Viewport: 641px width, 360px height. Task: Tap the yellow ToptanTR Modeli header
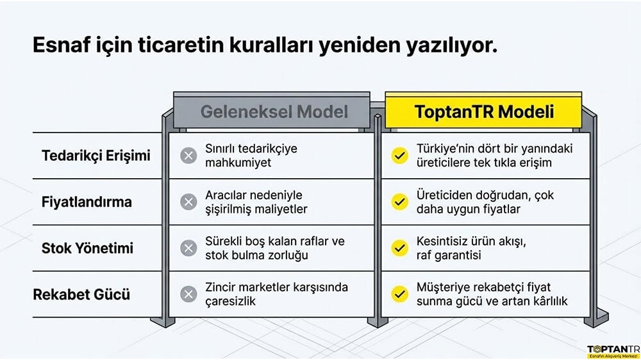click(483, 111)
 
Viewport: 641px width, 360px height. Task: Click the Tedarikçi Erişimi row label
click(96, 156)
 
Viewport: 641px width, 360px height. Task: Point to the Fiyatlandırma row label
click(87, 202)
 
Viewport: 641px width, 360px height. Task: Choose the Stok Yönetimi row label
click(87, 248)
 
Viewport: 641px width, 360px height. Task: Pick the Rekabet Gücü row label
click(81, 294)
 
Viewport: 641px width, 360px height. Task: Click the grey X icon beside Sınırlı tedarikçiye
click(188, 156)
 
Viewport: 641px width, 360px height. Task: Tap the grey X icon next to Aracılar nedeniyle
click(188, 202)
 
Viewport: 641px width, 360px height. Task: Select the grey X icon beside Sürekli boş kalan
click(188, 248)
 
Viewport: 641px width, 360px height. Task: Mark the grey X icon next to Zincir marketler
click(188, 294)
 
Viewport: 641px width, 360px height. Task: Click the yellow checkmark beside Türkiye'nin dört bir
click(399, 156)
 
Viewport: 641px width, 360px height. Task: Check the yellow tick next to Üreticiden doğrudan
click(399, 202)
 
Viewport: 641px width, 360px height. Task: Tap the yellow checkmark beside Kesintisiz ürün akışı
click(399, 248)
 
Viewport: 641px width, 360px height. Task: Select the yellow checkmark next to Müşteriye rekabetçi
click(399, 294)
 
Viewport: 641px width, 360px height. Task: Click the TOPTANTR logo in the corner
click(613, 352)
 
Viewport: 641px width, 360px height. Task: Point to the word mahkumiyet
click(238, 163)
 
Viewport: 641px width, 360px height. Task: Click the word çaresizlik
click(230, 301)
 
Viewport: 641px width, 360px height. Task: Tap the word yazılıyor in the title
click(452, 45)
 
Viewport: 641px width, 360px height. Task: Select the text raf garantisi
click(449, 256)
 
